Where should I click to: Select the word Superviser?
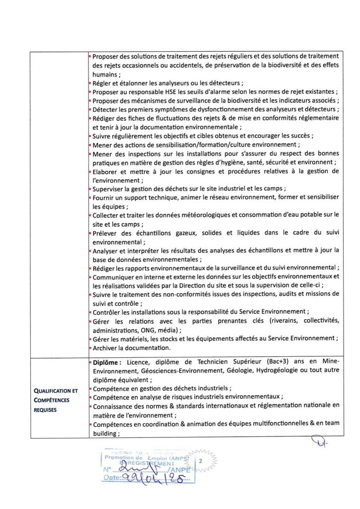(109, 189)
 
